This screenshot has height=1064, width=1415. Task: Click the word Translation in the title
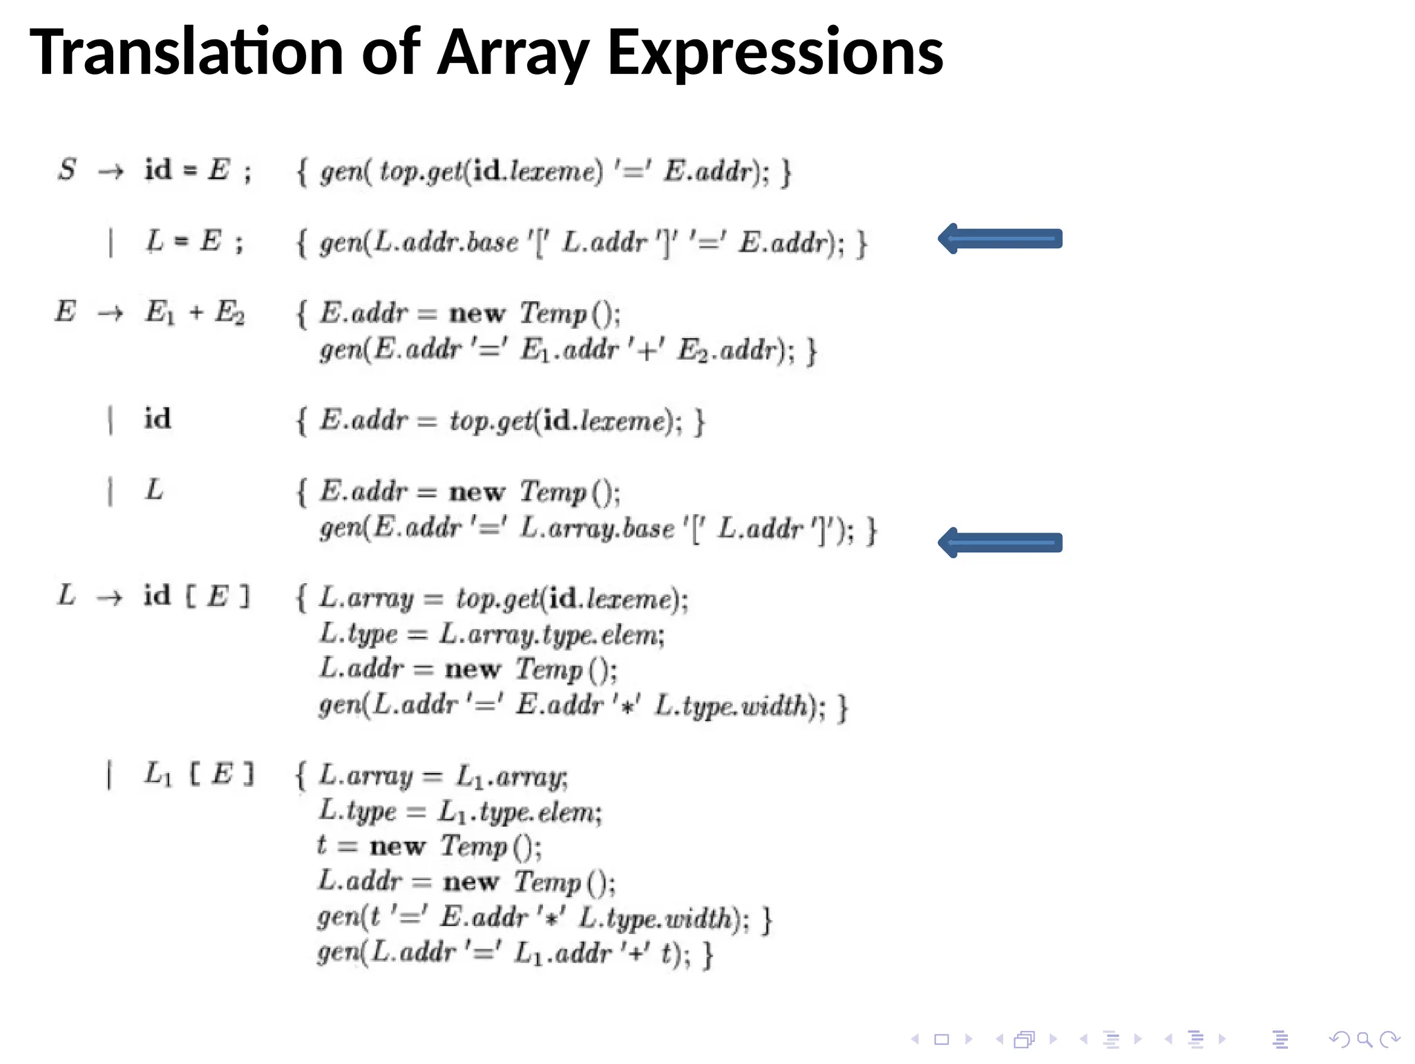coord(187,53)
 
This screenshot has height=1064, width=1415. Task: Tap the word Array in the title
coord(513,53)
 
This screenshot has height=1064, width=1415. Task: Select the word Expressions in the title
coord(775,53)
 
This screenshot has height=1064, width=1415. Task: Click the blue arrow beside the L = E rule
coord(1000,239)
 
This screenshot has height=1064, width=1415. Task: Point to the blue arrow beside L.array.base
coord(1000,543)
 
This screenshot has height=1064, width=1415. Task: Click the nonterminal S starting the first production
coord(67,170)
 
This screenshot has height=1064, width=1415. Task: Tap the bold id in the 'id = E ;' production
coord(158,170)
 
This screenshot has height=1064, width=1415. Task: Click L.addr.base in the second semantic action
coord(446,243)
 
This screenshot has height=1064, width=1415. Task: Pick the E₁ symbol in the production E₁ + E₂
coord(160,313)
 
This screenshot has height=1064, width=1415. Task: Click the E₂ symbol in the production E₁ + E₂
coord(229,313)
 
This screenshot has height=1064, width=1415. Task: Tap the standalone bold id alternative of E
coord(158,419)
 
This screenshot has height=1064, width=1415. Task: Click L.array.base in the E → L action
coord(597,529)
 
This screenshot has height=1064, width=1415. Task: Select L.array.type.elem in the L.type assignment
coord(551,634)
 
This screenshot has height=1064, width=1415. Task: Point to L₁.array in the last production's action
coord(511,777)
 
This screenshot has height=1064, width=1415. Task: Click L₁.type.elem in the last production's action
coord(520,813)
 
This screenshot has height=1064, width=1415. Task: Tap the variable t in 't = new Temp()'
coord(322,846)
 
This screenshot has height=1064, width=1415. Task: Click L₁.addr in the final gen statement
coord(563,953)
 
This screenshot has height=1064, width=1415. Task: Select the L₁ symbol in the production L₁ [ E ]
coord(158,775)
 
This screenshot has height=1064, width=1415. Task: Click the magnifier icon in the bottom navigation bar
coord(1364,1039)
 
